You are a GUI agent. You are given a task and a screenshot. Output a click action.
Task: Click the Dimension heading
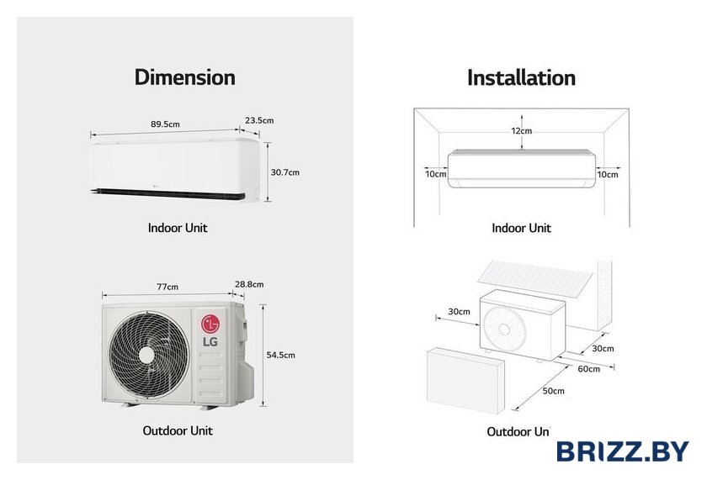pyautogui.click(x=184, y=77)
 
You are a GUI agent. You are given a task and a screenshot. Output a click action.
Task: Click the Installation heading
pyautogui.click(x=521, y=77)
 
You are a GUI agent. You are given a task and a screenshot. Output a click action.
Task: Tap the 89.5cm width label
pyautogui.click(x=165, y=124)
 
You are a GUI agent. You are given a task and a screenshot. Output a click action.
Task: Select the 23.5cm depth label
pyautogui.click(x=259, y=120)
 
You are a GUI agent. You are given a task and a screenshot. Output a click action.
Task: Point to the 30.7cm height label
pyautogui.click(x=285, y=172)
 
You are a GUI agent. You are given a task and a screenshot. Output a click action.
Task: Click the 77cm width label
pyautogui.click(x=167, y=287)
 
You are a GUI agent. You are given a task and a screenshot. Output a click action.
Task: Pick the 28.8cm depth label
pyautogui.click(x=250, y=285)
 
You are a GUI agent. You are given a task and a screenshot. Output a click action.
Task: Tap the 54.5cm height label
pyautogui.click(x=281, y=355)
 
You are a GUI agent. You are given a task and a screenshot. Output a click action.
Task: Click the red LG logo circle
pyautogui.click(x=210, y=323)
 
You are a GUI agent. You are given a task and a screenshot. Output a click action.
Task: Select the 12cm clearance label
pyautogui.click(x=521, y=131)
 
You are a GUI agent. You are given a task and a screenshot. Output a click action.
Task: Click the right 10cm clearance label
pyautogui.click(x=607, y=174)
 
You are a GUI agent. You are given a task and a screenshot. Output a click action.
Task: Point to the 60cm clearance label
pyautogui.click(x=589, y=368)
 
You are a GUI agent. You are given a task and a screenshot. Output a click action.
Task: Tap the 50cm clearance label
pyautogui.click(x=553, y=391)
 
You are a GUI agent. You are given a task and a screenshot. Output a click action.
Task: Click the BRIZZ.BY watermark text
pyautogui.click(x=622, y=451)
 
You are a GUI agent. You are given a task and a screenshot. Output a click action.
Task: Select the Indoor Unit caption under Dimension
pyautogui.click(x=178, y=228)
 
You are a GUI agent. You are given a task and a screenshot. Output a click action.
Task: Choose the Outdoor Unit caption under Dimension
pyautogui.click(x=178, y=430)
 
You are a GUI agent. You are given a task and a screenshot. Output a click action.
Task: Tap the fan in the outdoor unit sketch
pyautogui.click(x=502, y=326)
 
